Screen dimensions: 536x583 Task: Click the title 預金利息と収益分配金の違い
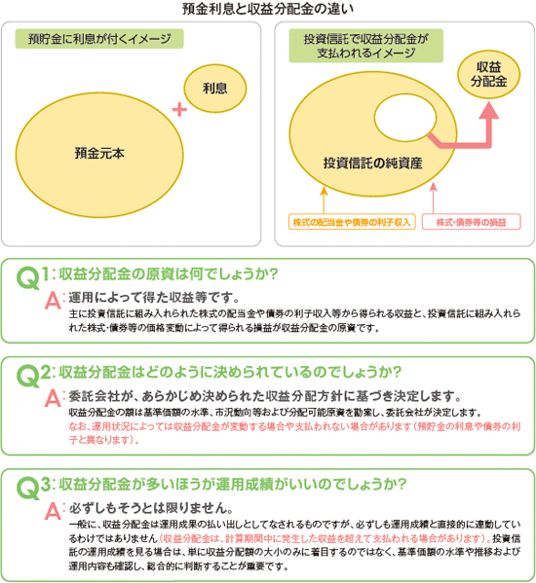coord(268,9)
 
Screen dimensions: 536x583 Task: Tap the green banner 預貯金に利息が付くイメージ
coord(99,39)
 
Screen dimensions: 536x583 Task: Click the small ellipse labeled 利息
coord(215,89)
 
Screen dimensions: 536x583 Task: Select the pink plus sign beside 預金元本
coord(179,109)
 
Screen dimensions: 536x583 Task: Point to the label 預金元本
coord(99,153)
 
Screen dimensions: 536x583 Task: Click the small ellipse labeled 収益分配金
coord(488,74)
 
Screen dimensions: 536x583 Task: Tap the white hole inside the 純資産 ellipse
coord(405,118)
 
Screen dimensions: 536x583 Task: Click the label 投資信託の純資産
coord(372,163)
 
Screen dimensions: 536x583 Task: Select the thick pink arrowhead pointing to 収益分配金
coord(488,111)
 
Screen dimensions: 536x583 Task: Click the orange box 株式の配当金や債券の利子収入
coord(352,222)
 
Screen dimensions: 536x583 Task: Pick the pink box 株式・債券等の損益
coord(472,222)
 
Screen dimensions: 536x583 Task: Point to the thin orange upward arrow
coord(324,200)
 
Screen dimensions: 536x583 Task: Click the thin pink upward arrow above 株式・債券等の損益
coord(433,198)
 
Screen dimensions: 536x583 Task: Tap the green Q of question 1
coord(27,277)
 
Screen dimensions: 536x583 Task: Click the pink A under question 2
coord(53,399)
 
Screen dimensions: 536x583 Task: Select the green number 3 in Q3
coord(46,485)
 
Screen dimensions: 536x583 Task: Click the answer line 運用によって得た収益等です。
coord(154,298)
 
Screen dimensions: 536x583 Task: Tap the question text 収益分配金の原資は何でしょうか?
coord(169,274)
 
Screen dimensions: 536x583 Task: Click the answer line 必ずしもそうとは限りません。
coord(151,507)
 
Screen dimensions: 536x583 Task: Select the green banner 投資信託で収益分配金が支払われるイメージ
coord(366,46)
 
